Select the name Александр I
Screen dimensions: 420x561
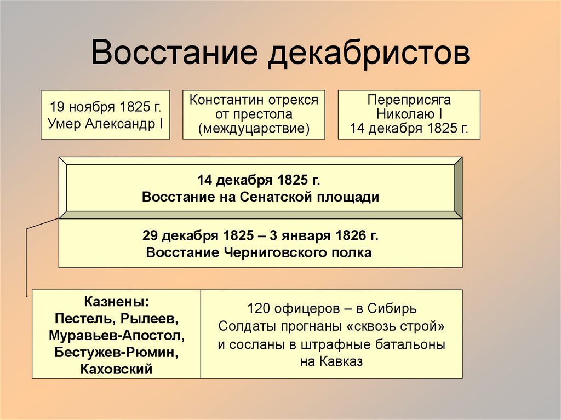point(125,123)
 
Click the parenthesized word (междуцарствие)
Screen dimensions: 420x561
point(254,130)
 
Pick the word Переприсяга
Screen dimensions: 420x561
point(409,100)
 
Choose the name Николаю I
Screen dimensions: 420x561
point(409,115)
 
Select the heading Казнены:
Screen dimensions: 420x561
point(116,302)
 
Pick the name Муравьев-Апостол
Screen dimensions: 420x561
point(116,335)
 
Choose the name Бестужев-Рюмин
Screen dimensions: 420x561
point(116,352)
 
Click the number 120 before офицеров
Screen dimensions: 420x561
point(257,307)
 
